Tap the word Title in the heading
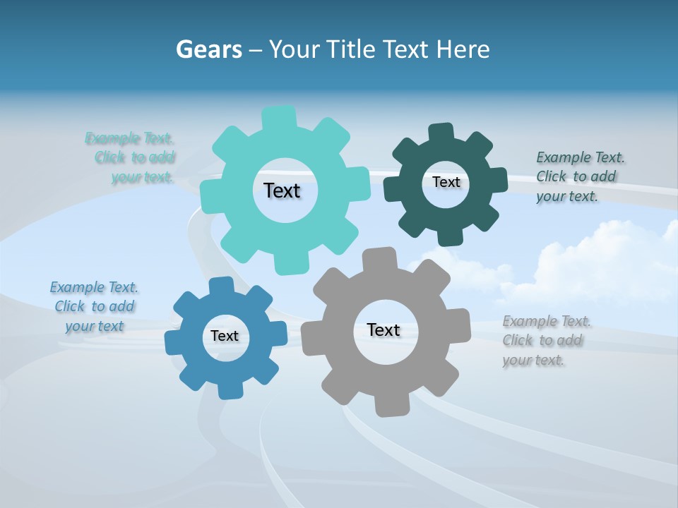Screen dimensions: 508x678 click(x=352, y=49)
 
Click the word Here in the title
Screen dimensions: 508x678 click(x=463, y=49)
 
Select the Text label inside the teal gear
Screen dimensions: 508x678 click(x=282, y=190)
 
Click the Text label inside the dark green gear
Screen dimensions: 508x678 click(x=446, y=182)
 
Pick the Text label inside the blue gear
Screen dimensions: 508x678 click(x=225, y=336)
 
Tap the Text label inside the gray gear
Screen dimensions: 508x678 click(x=383, y=329)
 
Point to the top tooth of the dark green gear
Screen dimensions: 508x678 click(x=441, y=133)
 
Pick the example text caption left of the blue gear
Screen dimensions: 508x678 click(x=94, y=306)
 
